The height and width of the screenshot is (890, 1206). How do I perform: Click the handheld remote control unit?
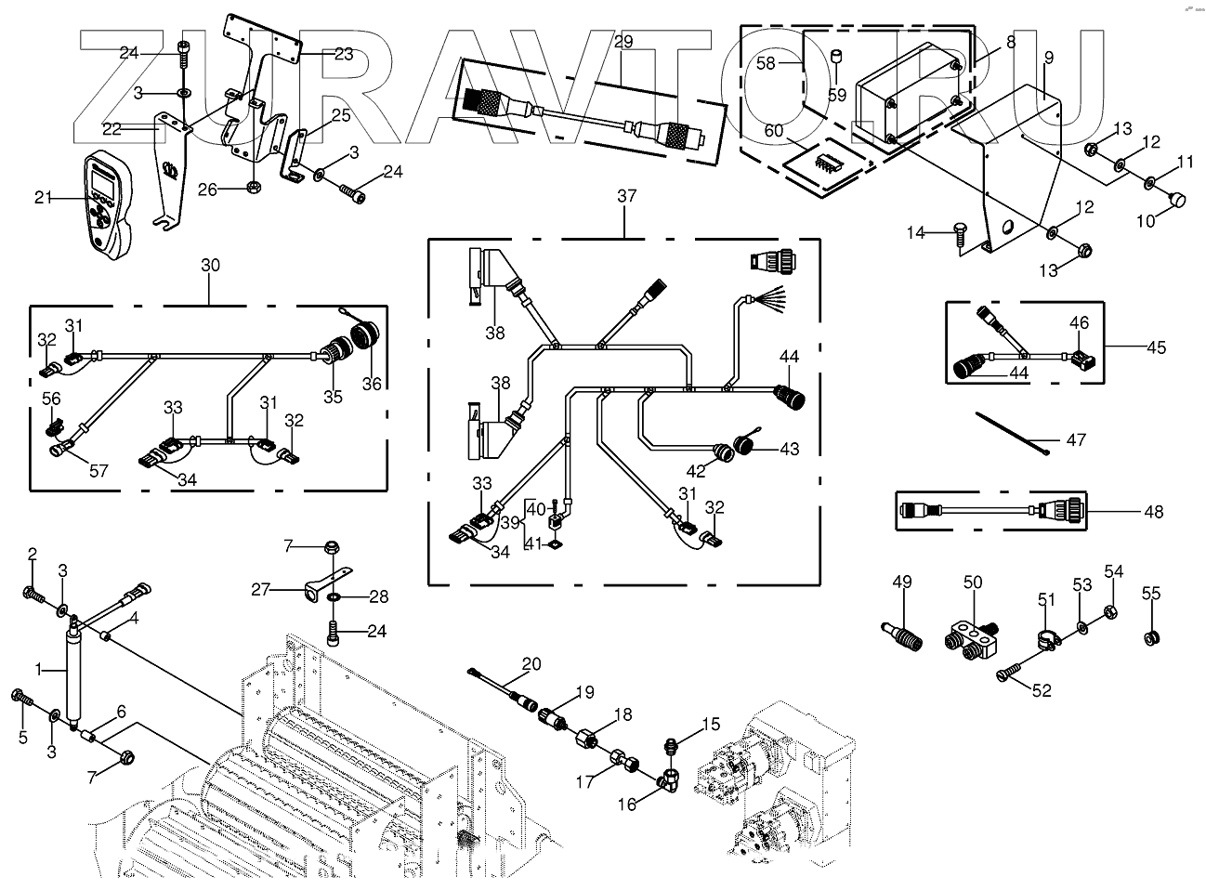tap(110, 203)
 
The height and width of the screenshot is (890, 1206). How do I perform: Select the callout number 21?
tap(44, 198)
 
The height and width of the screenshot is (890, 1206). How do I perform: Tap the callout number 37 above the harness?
tap(626, 196)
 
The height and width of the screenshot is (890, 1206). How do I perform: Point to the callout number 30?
tap(210, 266)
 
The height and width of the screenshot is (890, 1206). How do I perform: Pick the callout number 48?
tap(1154, 512)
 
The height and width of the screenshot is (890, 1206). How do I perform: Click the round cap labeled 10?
tap(1176, 199)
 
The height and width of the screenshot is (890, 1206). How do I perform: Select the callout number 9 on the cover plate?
tap(1049, 58)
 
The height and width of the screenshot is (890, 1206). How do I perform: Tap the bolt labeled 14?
tap(959, 234)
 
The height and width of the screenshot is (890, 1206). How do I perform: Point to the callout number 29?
tap(623, 41)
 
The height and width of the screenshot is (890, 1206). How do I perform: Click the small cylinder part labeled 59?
tap(837, 57)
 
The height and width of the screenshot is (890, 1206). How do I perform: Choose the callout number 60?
tap(774, 130)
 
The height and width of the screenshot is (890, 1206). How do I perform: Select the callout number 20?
tap(531, 664)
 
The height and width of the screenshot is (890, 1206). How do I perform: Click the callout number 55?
tap(1150, 593)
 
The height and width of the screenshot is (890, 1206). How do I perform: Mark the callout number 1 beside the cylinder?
tap(38, 669)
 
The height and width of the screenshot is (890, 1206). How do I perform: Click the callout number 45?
tap(1156, 347)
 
